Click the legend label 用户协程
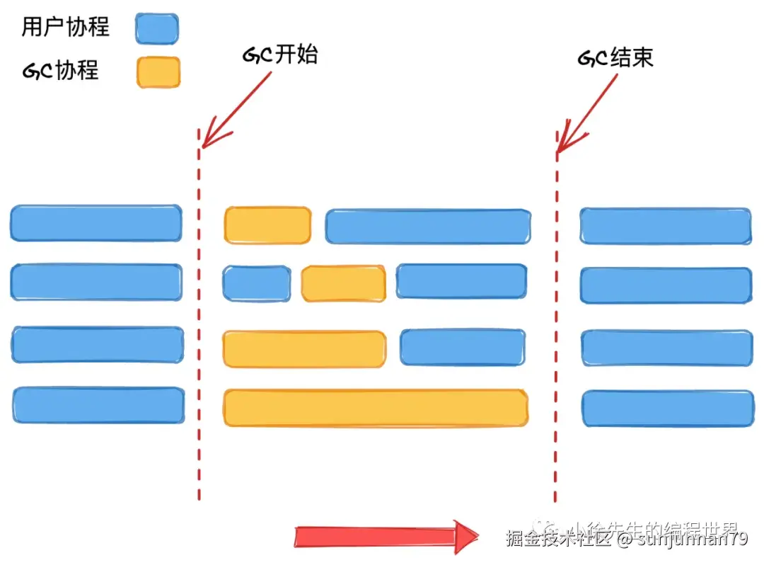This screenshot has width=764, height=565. point(66,28)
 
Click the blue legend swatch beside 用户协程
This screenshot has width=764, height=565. point(157,28)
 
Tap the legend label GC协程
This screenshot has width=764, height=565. point(60,71)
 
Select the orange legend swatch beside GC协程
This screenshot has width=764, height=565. point(158,72)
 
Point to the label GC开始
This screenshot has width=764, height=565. point(280,56)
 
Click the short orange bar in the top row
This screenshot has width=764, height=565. point(267,225)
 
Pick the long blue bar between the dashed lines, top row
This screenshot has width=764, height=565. point(428,226)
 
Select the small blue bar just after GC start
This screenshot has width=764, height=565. point(256,283)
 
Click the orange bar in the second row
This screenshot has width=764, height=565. point(343,284)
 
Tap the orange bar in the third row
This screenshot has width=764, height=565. point(304,348)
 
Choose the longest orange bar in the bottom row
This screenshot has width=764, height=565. point(376,408)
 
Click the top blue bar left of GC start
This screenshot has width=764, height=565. point(95,223)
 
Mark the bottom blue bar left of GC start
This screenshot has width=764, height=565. point(98,405)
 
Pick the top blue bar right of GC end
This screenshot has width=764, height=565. point(666,225)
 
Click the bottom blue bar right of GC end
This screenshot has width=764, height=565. point(668,409)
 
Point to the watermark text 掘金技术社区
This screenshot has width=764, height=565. point(557,540)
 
